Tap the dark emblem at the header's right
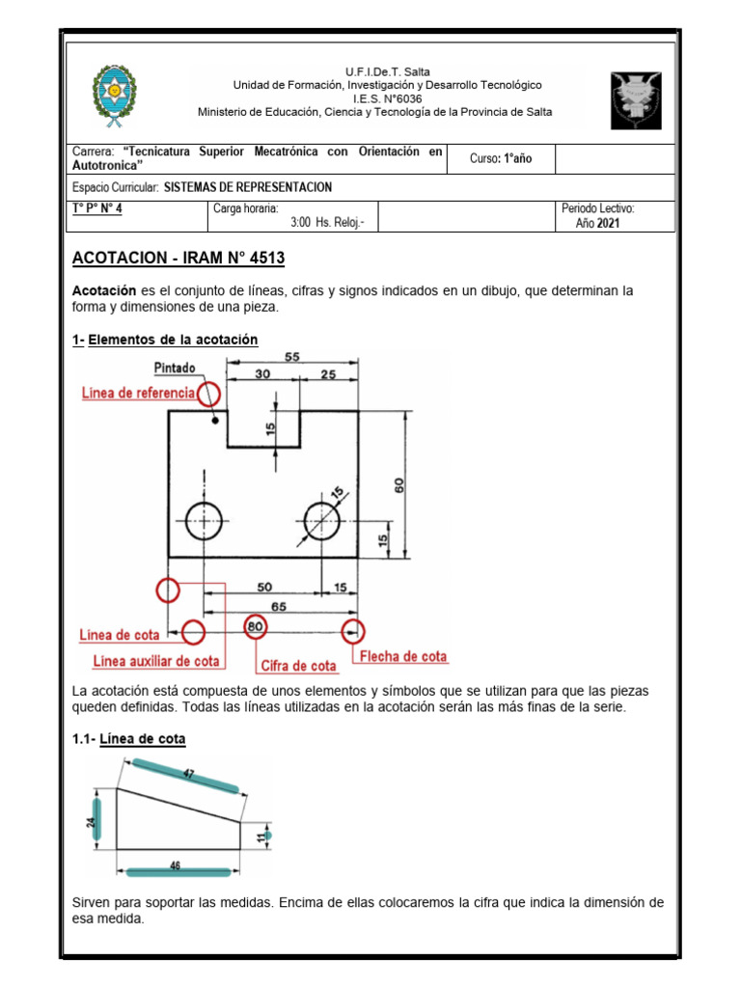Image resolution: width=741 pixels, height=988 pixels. [x=636, y=99]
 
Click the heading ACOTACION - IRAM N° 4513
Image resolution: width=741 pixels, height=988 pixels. [x=178, y=260]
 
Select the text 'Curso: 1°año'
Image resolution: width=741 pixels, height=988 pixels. [x=501, y=158]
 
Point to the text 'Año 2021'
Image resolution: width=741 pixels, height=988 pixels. [x=597, y=223]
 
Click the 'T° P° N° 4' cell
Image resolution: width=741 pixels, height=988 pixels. [x=97, y=208]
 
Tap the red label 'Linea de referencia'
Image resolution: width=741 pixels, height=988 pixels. [x=138, y=393]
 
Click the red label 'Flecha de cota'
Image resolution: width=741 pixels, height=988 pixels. [x=403, y=656]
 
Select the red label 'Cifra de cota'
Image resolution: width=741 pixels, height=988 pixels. [x=298, y=666]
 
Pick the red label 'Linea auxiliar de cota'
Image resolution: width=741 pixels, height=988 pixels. [x=156, y=662]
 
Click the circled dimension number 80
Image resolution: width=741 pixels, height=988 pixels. [x=256, y=627]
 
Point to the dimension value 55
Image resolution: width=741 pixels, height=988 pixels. [x=292, y=356]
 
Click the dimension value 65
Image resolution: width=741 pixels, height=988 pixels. [x=278, y=606]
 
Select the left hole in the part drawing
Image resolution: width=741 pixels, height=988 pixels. [x=204, y=521]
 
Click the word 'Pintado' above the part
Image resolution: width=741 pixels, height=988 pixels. [x=174, y=368]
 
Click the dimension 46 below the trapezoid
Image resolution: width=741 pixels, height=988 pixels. [x=177, y=866]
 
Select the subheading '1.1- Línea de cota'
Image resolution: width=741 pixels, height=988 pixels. [x=129, y=738]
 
